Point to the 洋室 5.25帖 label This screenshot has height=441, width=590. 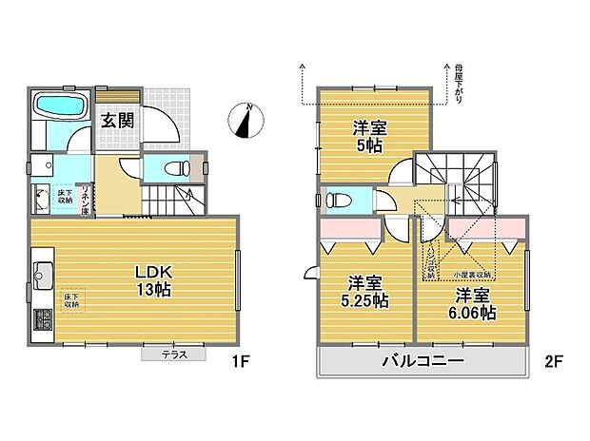click(x=365, y=291)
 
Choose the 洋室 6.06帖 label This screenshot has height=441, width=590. click(x=472, y=302)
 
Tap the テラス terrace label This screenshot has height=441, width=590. click(x=173, y=355)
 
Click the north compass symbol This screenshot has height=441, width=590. click(x=246, y=121)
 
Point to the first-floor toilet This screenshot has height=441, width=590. click(x=176, y=169)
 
